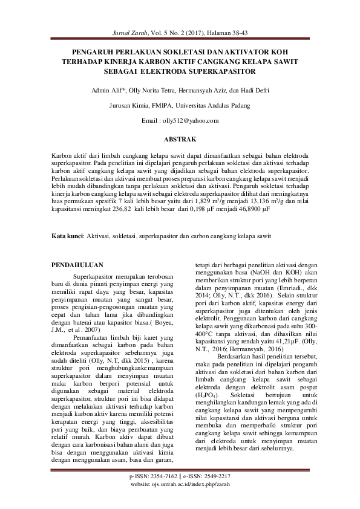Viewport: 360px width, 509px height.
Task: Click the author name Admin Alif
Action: pyautogui.click(x=105, y=90)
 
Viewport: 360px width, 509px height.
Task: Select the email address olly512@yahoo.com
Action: pyautogui.click(x=192, y=121)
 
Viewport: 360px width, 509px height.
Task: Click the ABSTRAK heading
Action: pyautogui.click(x=180, y=140)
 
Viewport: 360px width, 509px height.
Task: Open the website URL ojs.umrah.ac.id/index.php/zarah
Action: pyautogui.click(x=194, y=502)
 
